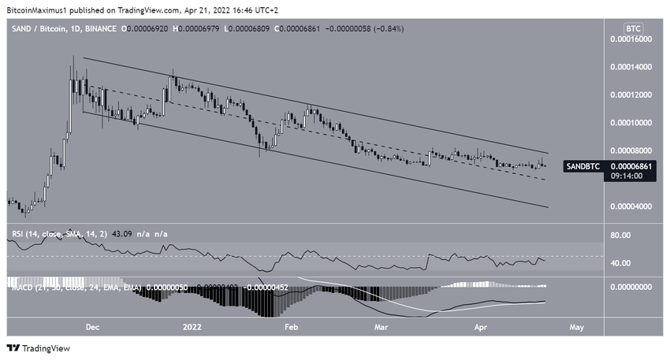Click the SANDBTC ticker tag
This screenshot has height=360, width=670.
click(x=585, y=167)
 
